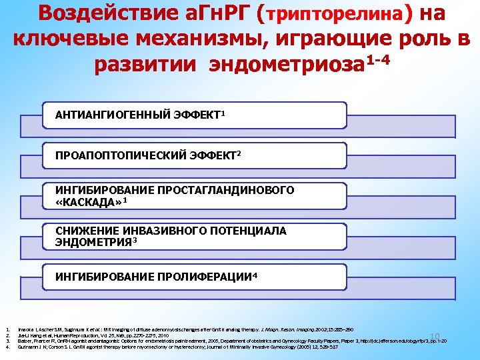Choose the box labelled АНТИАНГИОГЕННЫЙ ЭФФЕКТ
coord(200,115)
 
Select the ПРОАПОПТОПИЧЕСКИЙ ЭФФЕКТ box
coord(200,155)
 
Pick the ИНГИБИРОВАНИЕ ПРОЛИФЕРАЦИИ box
coord(200,276)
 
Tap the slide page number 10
coord(436,335)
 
